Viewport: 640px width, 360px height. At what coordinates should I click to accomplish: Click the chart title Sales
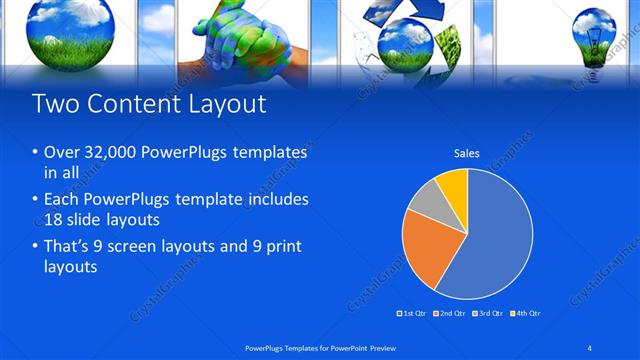pos(467,153)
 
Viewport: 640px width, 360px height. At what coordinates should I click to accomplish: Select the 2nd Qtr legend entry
pos(451,313)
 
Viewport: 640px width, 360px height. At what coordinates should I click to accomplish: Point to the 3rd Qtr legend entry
pos(488,313)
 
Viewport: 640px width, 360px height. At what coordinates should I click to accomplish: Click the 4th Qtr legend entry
pos(525,313)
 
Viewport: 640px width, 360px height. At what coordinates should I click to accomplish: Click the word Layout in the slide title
pos(226,103)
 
